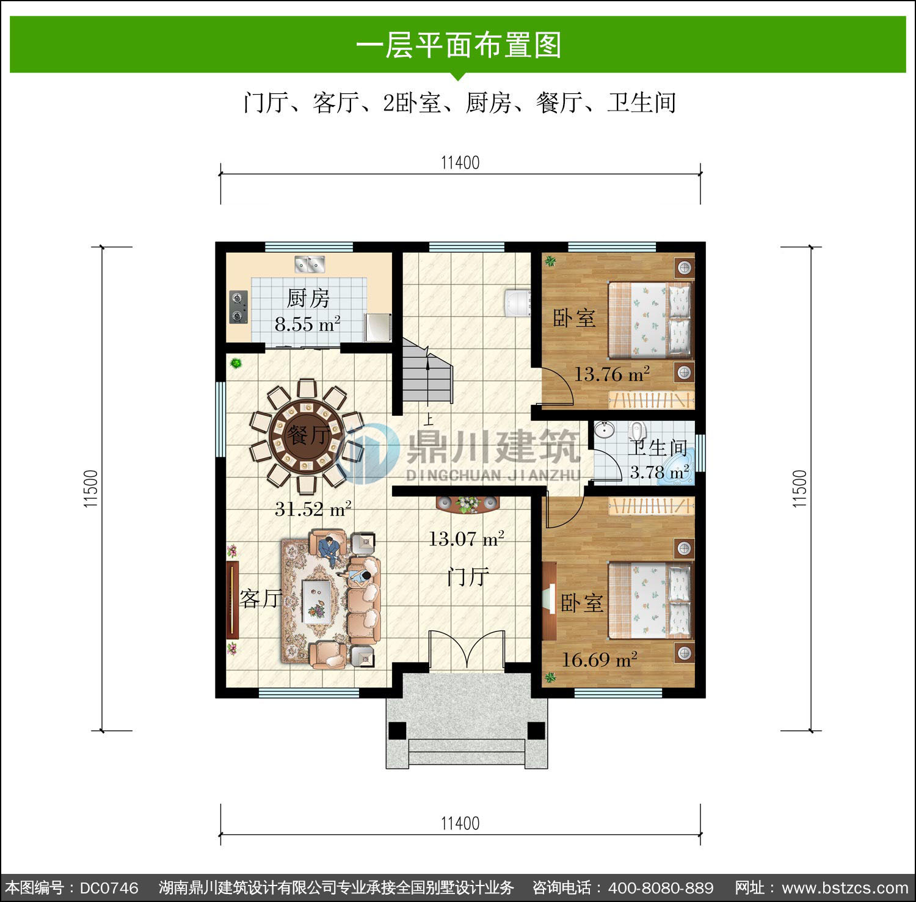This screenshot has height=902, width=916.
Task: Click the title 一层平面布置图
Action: pyautogui.click(x=458, y=45)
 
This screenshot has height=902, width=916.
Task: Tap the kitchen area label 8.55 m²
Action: pyautogui.click(x=307, y=324)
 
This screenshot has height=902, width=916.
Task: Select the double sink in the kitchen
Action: pyautogui.click(x=310, y=264)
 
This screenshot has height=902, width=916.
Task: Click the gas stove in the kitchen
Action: pyautogui.click(x=238, y=307)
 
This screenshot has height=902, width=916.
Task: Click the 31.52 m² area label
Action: pyautogui.click(x=313, y=509)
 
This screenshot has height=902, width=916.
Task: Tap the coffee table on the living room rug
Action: pyautogui.click(x=316, y=600)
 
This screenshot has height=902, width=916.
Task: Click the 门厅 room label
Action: pyautogui.click(x=468, y=576)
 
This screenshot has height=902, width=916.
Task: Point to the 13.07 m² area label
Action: pyautogui.click(x=466, y=539)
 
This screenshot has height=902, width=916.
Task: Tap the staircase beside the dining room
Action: pyautogui.click(x=427, y=372)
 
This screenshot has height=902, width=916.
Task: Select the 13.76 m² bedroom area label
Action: pyautogui.click(x=611, y=374)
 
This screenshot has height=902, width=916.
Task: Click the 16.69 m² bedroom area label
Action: pyautogui.click(x=600, y=660)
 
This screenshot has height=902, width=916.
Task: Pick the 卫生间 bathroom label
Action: pyautogui.click(x=658, y=448)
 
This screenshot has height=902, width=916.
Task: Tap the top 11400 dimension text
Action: pyautogui.click(x=460, y=163)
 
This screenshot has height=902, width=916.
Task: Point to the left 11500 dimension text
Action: pyautogui.click(x=91, y=489)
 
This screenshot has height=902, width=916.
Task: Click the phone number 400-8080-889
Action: pyautogui.click(x=661, y=887)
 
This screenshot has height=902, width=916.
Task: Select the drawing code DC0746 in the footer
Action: pyautogui.click(x=109, y=887)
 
